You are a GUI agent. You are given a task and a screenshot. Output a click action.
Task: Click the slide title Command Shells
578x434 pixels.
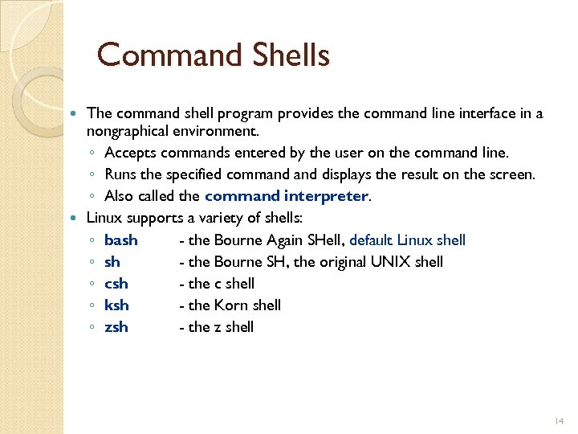click(213, 55)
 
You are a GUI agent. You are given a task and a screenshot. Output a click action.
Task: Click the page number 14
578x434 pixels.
click(560, 421)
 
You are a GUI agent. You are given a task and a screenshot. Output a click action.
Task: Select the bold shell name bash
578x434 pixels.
click(121, 240)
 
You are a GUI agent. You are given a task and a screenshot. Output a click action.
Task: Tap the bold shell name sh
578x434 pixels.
click(112, 262)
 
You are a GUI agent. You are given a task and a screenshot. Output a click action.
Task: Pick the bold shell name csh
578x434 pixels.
click(116, 284)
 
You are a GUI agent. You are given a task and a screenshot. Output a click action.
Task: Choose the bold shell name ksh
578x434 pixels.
click(116, 305)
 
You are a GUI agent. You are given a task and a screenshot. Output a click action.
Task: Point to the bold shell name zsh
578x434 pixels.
click(116, 327)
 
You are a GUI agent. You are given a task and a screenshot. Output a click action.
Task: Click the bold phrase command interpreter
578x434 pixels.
click(287, 196)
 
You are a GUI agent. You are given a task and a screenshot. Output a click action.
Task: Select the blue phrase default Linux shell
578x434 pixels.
click(408, 240)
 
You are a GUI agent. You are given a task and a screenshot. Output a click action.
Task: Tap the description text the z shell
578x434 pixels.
click(221, 327)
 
